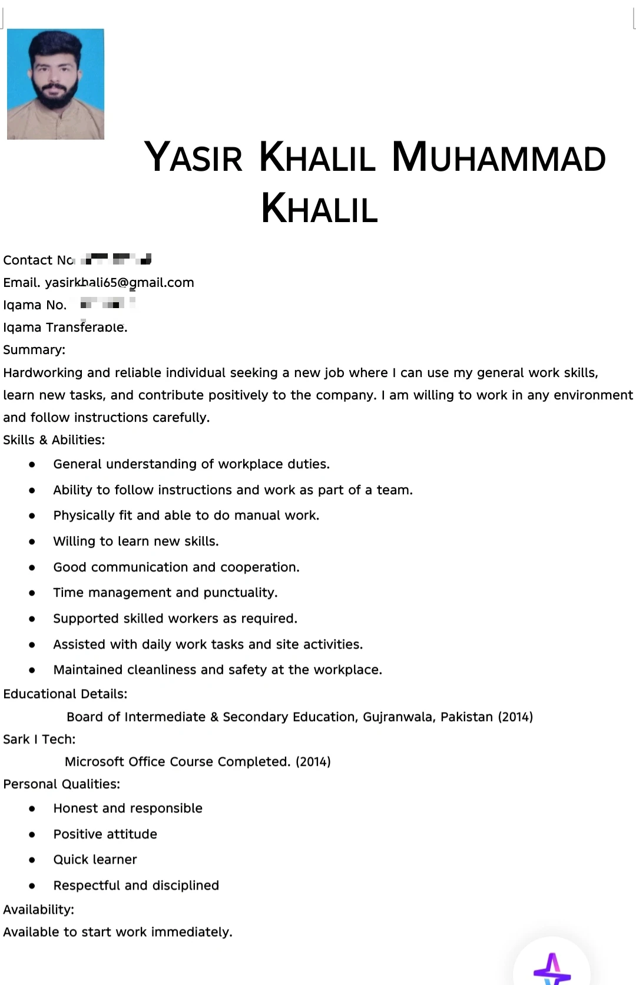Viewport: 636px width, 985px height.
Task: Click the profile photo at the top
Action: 55,84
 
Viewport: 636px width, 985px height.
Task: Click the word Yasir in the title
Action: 193,157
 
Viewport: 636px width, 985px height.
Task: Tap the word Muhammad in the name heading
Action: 499,157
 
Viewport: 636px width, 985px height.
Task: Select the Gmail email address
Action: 120,283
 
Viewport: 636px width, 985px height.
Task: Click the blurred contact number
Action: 116,259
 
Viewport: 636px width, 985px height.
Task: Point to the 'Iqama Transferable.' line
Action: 65,328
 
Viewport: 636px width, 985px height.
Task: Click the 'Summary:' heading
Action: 34,350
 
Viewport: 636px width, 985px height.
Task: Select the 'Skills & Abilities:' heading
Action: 54,440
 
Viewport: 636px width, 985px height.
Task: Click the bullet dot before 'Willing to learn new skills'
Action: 32,541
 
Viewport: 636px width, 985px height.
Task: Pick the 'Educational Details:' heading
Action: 65,694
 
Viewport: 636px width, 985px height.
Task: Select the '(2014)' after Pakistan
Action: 515,717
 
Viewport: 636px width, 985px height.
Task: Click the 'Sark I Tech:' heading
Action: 39,739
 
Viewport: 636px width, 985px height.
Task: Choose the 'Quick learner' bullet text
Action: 95,860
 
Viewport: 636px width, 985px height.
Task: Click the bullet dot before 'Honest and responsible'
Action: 32,809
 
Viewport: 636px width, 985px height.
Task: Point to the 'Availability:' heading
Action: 39,910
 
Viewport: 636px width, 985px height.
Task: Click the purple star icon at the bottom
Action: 551,968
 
